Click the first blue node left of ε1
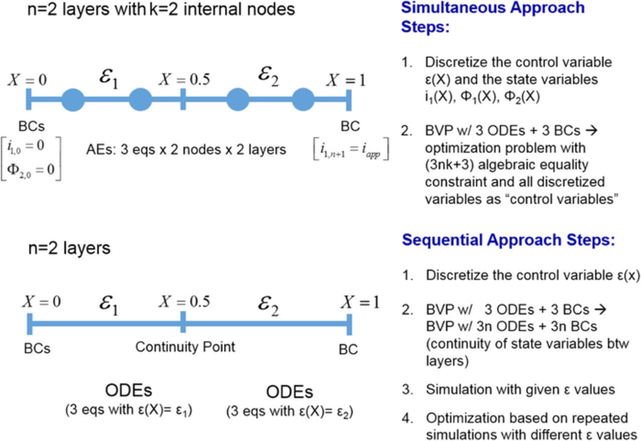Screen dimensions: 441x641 pyautogui.click(x=73, y=100)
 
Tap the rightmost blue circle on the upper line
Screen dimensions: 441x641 pyautogui.click(x=303, y=100)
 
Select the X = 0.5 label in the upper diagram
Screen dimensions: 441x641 pyautogui.click(x=185, y=80)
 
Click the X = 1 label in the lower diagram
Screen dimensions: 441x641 pyautogui.click(x=360, y=302)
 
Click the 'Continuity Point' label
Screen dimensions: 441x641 pyautogui.click(x=185, y=347)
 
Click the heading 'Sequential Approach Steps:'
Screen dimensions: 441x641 pyautogui.click(x=508, y=240)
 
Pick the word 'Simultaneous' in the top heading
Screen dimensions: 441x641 pyautogui.click(x=450, y=8)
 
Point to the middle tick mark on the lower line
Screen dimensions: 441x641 pyautogui.click(x=183, y=322)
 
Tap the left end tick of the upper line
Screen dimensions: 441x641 pyautogui.click(x=29, y=100)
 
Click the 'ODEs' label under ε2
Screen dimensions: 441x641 pyautogui.click(x=289, y=392)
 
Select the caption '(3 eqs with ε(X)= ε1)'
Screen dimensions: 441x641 pyautogui.click(x=129, y=410)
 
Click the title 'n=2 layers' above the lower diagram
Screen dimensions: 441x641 pyautogui.click(x=69, y=248)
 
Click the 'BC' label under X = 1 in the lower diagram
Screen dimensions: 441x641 pyautogui.click(x=348, y=349)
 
